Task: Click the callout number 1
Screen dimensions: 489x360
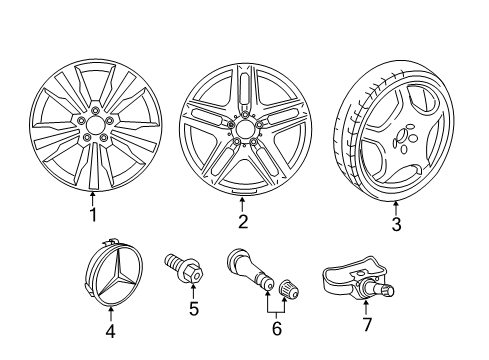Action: (x=93, y=215)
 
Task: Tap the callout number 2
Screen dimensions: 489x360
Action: (x=243, y=221)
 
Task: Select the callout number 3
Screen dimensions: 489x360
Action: (x=396, y=224)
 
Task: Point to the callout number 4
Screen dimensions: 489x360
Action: (x=110, y=331)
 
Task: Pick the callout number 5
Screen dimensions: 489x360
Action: (x=194, y=308)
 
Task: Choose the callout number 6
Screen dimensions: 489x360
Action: (x=277, y=328)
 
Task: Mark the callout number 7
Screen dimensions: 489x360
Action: (x=366, y=324)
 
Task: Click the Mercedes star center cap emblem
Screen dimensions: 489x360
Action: (x=112, y=274)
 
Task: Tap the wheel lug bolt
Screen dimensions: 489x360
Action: (x=184, y=270)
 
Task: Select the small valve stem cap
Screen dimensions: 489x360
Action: (x=288, y=289)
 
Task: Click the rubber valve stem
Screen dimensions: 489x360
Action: (x=250, y=270)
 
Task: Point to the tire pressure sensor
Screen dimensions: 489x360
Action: (x=358, y=278)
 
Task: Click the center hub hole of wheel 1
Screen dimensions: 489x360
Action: (x=95, y=125)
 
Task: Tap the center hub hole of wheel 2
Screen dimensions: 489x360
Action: (x=245, y=129)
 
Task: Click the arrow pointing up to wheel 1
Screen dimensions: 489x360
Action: (x=93, y=198)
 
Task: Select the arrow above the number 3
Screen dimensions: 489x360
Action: (x=396, y=208)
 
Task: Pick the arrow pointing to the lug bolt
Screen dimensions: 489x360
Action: (x=193, y=291)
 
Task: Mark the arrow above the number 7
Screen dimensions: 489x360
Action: (x=366, y=307)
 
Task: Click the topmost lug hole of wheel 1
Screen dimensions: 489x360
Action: (x=95, y=110)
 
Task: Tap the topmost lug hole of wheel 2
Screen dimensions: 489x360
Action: (x=245, y=115)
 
